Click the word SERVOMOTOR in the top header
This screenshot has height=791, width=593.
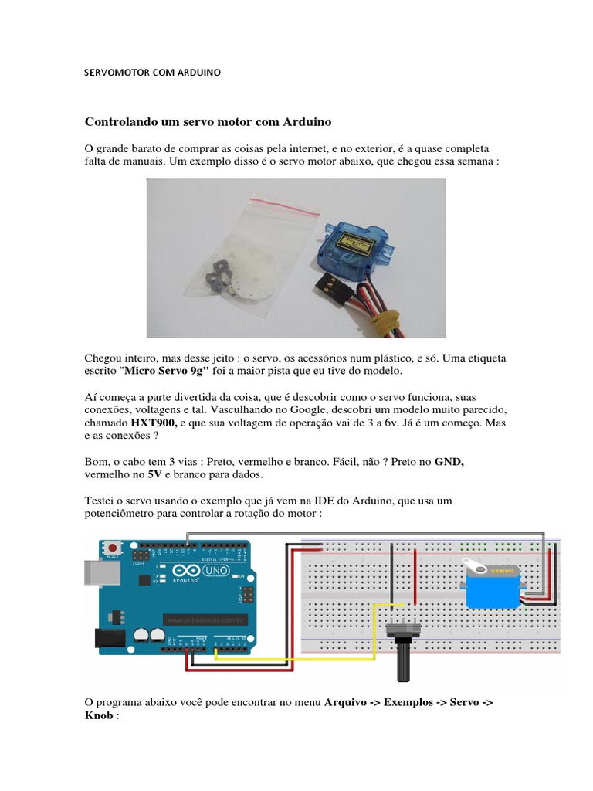[116, 72]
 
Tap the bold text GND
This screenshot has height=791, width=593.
[449, 461]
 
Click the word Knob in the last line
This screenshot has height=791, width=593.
[97, 715]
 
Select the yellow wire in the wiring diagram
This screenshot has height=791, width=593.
[293, 658]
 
